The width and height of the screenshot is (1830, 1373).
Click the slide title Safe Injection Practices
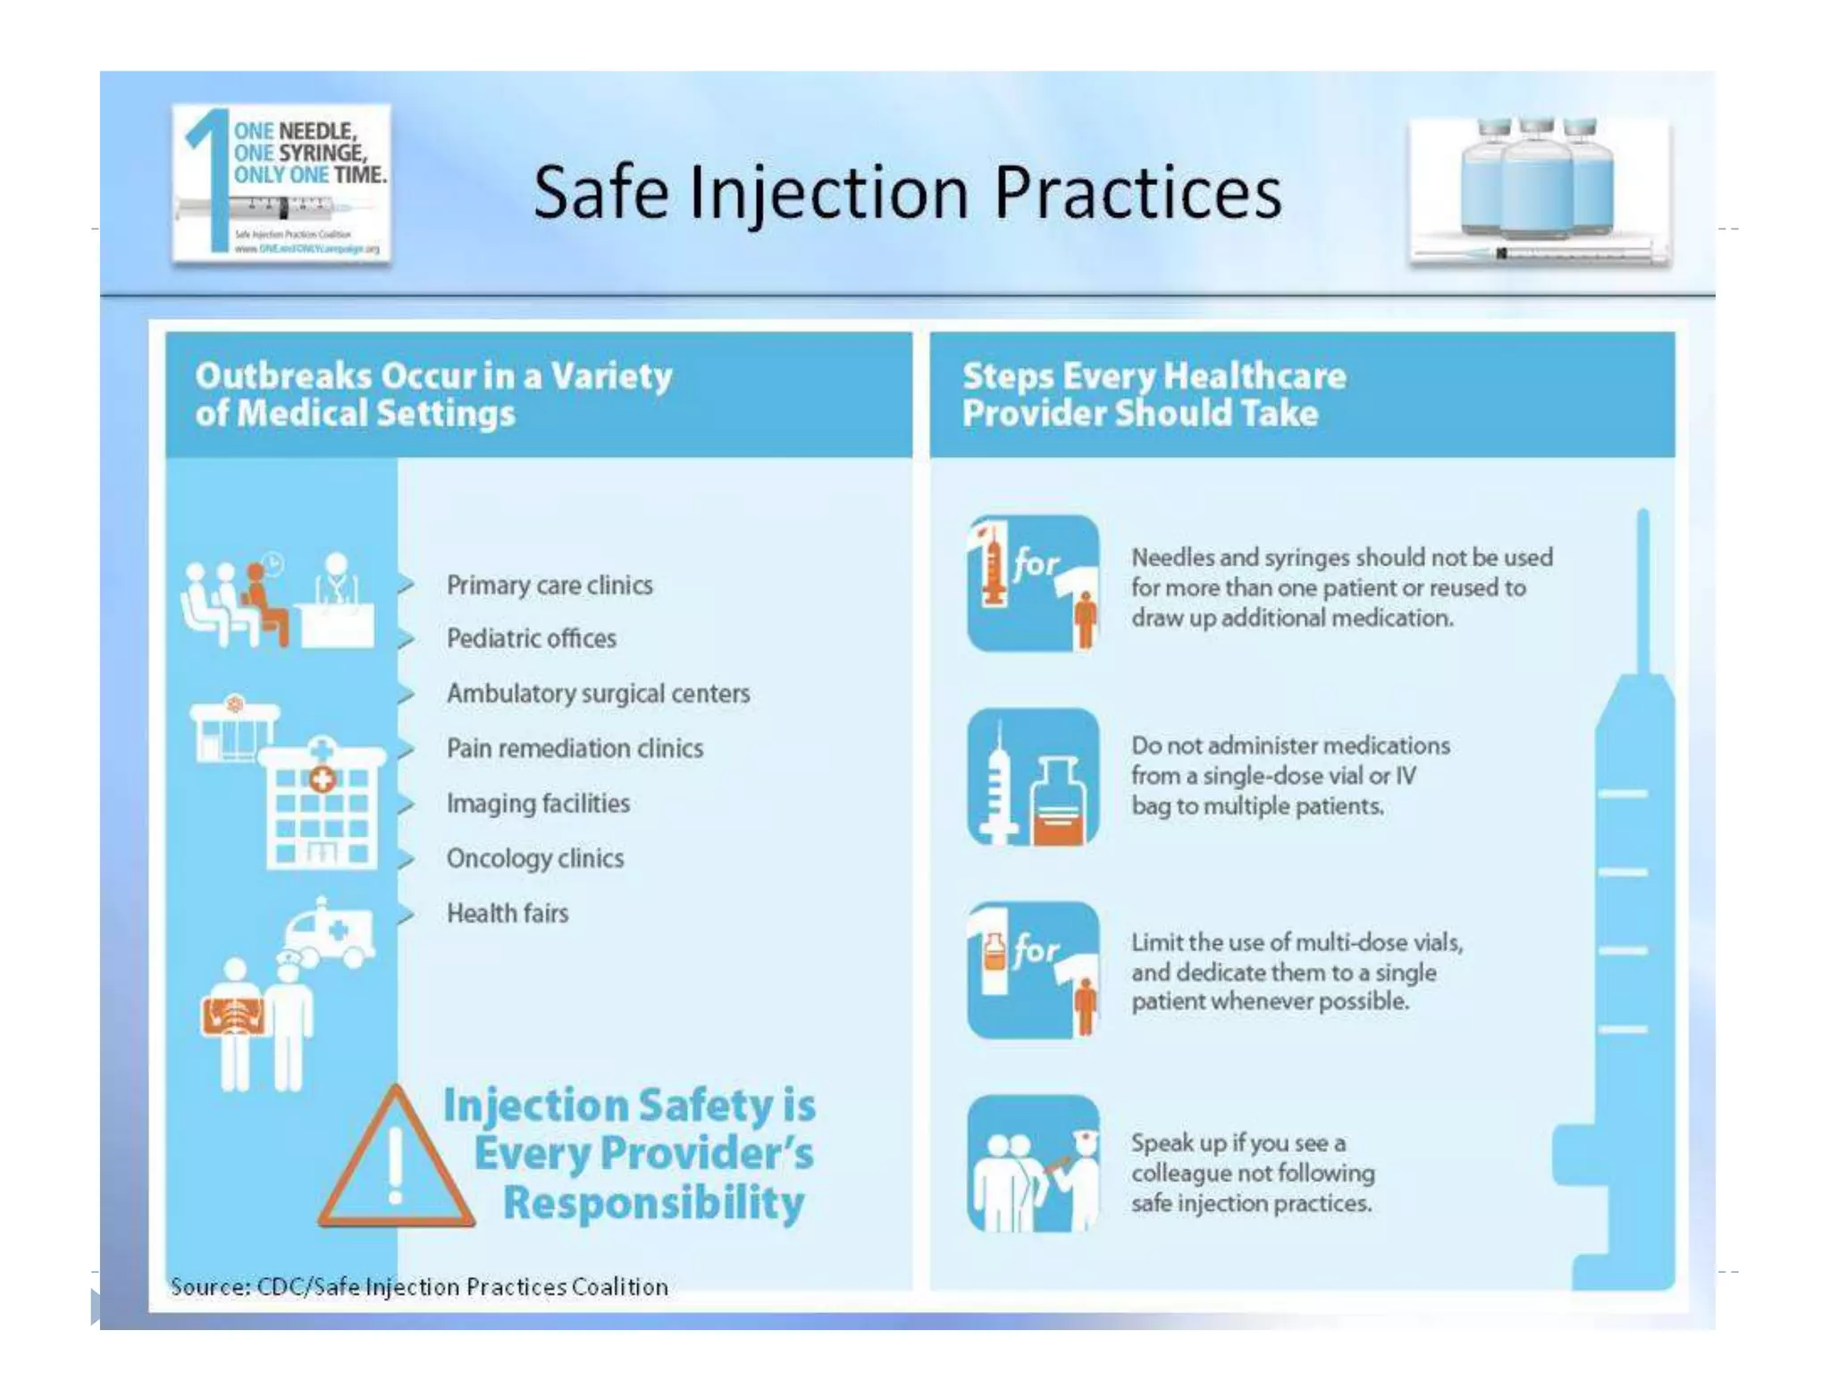906,192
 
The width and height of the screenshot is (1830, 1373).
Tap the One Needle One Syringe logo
281,183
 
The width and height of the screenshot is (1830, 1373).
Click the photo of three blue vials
1539,190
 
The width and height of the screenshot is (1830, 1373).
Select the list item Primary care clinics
550,585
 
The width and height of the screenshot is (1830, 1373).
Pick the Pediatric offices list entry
531,639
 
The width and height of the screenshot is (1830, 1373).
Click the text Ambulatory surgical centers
598,694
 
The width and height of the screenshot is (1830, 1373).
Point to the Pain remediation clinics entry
575,748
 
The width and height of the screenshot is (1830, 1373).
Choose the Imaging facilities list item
538,804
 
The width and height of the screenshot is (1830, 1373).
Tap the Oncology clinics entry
535,858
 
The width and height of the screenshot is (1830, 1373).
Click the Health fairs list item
508,914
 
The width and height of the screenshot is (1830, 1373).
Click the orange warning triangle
395,1162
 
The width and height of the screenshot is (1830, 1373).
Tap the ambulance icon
330,934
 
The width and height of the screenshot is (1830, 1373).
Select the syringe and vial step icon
1033,777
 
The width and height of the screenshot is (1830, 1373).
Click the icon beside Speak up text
1033,1163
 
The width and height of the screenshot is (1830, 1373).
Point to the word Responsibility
653,1203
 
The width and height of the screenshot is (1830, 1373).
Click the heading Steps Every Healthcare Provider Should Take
1154,394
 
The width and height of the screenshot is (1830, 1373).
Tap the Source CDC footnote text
419,1286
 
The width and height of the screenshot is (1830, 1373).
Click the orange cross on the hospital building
322,779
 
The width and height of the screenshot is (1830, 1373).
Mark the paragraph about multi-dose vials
1297,972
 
